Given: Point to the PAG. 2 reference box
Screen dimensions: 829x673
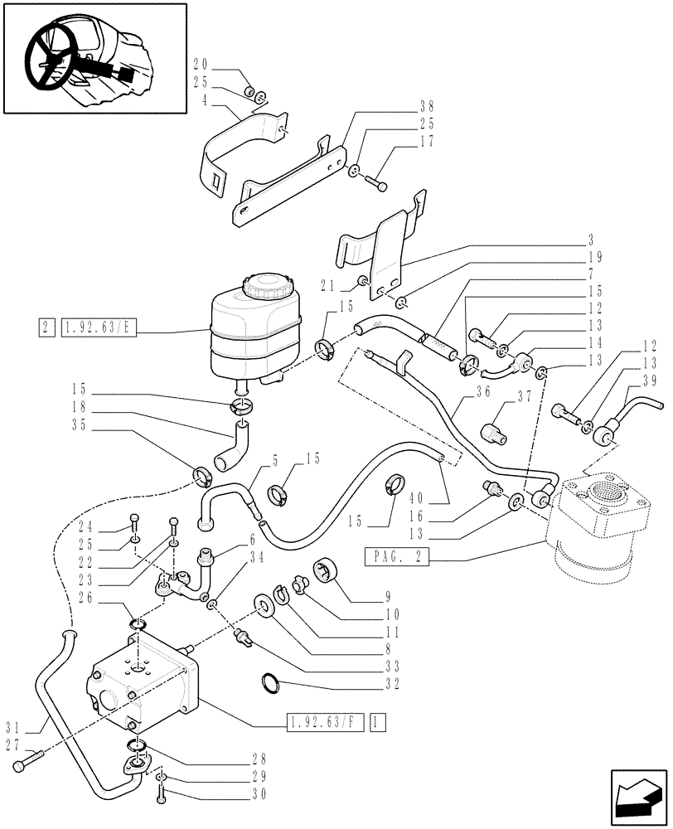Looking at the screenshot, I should pos(396,558).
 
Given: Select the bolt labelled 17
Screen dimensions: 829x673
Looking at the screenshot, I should pos(375,182).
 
